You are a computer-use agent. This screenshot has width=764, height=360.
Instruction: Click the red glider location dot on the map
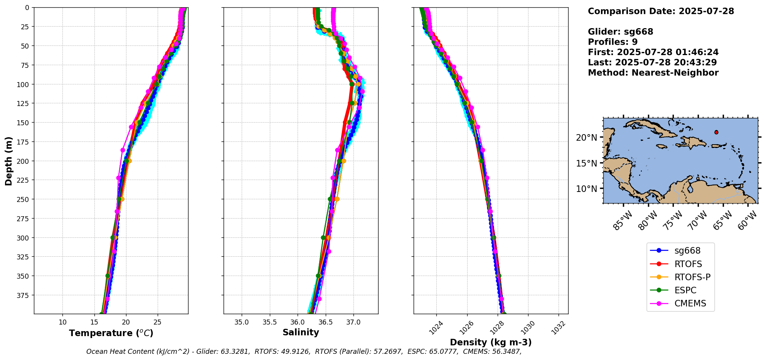716,132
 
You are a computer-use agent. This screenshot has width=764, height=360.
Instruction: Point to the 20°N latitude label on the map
586,138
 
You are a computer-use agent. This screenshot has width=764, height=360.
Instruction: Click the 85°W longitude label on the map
623,221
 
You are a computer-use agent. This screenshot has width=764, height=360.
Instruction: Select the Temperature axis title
111,333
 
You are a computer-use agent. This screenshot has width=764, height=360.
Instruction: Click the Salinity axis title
301,332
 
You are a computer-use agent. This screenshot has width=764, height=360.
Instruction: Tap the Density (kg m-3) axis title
491,342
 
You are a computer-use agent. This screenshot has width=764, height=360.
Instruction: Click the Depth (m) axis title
8,161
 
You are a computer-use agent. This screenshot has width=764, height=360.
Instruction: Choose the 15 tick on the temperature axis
94,322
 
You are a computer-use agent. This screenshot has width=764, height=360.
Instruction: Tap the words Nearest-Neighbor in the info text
675,73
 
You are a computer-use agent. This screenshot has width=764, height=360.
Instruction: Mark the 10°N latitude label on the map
586,189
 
